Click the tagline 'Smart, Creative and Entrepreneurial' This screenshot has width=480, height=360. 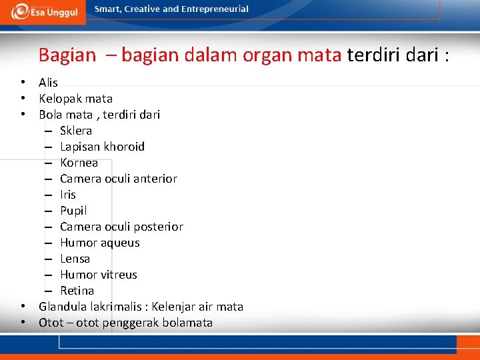(x=171, y=9)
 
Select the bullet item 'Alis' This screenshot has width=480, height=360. (x=48, y=83)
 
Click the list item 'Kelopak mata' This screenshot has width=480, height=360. (x=75, y=99)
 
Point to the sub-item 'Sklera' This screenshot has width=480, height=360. (x=76, y=131)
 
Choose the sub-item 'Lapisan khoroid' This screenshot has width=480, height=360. (x=102, y=147)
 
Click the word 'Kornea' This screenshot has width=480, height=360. (x=79, y=163)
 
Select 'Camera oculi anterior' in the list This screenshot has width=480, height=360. (x=118, y=179)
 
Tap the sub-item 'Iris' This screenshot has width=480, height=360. (x=68, y=195)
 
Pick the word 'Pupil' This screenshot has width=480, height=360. (x=73, y=211)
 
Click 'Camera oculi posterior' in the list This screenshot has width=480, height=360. (x=121, y=227)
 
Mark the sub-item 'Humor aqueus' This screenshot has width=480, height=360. (x=99, y=243)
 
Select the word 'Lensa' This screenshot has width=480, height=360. (x=75, y=259)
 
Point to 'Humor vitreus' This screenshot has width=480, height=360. (x=98, y=275)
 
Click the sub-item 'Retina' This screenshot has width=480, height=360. (x=77, y=291)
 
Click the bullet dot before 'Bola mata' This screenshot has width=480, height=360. (x=23, y=115)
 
